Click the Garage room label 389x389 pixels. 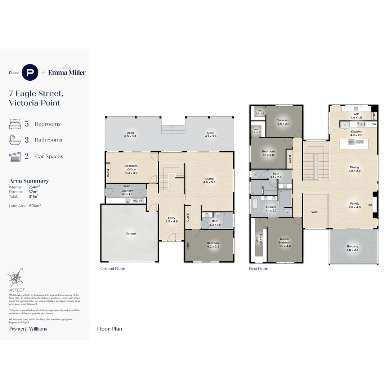click(130, 233)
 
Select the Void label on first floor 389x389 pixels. click(314, 212)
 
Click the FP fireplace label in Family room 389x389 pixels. click(370, 206)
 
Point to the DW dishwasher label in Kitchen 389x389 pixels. click(351, 142)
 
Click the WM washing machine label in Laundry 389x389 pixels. click(135, 201)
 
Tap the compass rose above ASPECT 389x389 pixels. click(15, 278)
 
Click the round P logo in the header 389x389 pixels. click(30, 72)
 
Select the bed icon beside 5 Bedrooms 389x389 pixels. click(15, 124)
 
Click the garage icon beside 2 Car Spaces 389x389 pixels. click(15, 156)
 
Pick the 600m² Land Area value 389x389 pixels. click(35, 206)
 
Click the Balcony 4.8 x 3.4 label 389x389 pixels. click(353, 248)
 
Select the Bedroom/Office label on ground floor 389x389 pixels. click(130, 169)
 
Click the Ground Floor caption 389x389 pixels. click(112, 269)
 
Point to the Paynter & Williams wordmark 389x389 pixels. click(28, 329)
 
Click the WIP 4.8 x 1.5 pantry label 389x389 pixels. click(356, 116)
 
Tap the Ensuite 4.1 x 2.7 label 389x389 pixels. click(271, 209)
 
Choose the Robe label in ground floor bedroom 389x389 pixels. click(188, 246)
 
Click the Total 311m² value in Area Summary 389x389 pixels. click(33, 196)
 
